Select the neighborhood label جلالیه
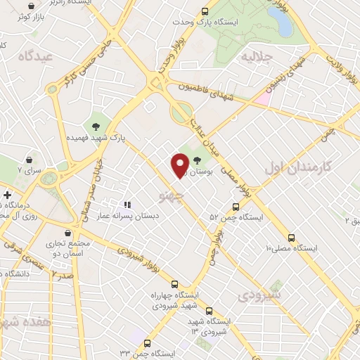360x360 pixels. (256, 55)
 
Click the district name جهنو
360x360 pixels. (170, 191)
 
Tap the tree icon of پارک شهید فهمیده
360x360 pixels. (96, 126)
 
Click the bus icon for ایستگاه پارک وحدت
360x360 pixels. (205, 12)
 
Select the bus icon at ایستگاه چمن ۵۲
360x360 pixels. (236, 207)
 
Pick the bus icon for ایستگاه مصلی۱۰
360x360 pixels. (292, 237)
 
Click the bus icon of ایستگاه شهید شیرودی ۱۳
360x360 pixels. (208, 310)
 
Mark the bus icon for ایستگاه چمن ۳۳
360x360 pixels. (146, 343)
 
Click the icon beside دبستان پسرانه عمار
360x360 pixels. (127, 205)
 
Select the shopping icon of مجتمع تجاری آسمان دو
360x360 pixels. (67, 233)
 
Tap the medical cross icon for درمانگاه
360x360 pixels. (7, 195)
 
